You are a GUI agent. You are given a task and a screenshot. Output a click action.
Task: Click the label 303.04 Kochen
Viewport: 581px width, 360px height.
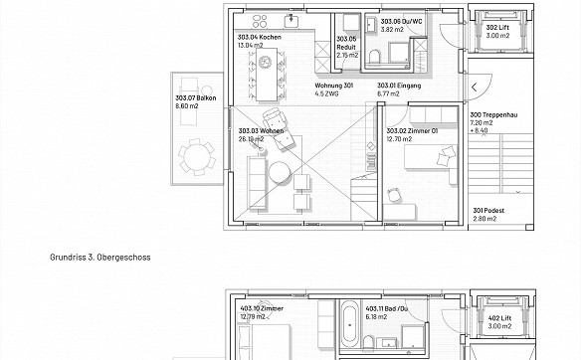pos(260,37)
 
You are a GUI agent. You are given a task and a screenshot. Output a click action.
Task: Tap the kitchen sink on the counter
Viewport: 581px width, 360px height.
pos(291,21)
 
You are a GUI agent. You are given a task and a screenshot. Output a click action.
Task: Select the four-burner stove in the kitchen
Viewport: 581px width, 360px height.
pos(260,21)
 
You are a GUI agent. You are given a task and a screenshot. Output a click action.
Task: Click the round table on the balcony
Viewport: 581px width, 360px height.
pos(196,157)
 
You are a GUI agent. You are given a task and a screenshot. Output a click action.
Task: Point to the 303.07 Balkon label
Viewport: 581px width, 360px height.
pos(196,98)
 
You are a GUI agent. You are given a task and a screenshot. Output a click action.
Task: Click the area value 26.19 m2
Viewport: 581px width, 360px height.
pos(251,139)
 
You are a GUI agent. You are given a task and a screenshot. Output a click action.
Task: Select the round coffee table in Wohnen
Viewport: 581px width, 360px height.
pos(280,173)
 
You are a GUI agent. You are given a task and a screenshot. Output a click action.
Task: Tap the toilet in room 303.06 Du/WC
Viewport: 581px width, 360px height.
pos(375,57)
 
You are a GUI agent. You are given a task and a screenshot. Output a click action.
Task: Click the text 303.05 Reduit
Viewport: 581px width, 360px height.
pos(346,43)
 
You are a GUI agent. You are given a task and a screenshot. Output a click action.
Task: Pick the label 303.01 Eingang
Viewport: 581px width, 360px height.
pos(399,86)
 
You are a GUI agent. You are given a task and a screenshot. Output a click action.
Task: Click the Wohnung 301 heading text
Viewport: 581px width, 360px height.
pos(334,86)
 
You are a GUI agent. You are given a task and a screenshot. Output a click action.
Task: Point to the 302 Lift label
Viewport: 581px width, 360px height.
pos(497,28)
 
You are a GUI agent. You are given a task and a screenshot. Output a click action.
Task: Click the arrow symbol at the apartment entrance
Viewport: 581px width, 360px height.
pos(474,88)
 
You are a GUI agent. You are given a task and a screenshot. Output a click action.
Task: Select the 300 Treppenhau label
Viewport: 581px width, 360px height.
pos(493,114)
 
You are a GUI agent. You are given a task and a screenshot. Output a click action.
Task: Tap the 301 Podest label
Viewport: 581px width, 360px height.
pos(488,211)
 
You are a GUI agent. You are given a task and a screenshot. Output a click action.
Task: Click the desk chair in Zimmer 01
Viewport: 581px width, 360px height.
pos(394,195)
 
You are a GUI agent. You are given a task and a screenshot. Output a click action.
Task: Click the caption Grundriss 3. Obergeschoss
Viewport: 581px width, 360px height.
pos(100,257)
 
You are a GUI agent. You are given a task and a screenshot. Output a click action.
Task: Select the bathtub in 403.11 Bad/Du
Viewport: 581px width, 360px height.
pos(350,323)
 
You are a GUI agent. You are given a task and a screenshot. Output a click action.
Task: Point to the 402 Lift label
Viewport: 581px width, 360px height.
pos(499,318)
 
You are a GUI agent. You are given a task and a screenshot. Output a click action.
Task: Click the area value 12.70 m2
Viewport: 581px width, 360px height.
pos(399,139)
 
